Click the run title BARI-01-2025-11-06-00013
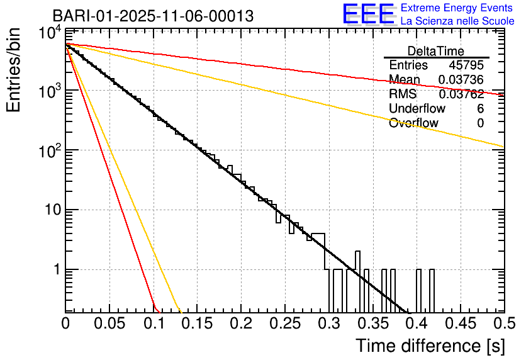tap(153, 16)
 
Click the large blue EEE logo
tap(368, 14)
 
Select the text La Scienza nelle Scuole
tap(457, 21)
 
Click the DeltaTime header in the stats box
tap(435, 51)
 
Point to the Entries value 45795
tap(466, 65)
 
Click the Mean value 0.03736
tap(461, 79)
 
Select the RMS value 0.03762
tap(461, 94)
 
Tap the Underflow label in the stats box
tap(417, 108)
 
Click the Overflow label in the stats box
tap(413, 123)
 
